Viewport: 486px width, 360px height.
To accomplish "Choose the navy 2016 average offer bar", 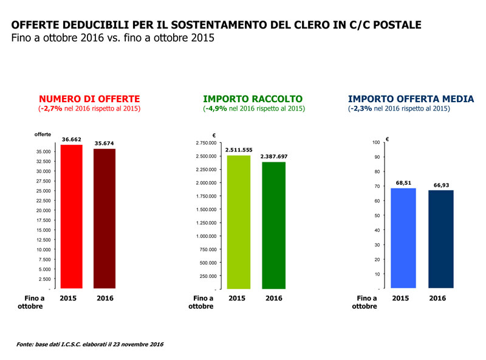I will pos(440,239).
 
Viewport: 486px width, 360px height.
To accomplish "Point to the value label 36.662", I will pos(72,139).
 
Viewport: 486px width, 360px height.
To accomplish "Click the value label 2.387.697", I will pos(274,156).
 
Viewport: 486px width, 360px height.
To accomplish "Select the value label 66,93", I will pos(440,185).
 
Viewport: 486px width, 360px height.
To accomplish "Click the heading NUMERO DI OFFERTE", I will pos(89,99).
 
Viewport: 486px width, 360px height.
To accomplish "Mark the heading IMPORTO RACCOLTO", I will pos(253,99).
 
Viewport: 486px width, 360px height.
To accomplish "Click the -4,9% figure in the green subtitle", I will pos(217,109).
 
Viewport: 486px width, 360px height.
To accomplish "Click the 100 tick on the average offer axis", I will pos(376,143).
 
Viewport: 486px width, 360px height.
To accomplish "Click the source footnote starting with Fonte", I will pos(91,344).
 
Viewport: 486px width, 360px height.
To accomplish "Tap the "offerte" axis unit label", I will pos(43,134).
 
